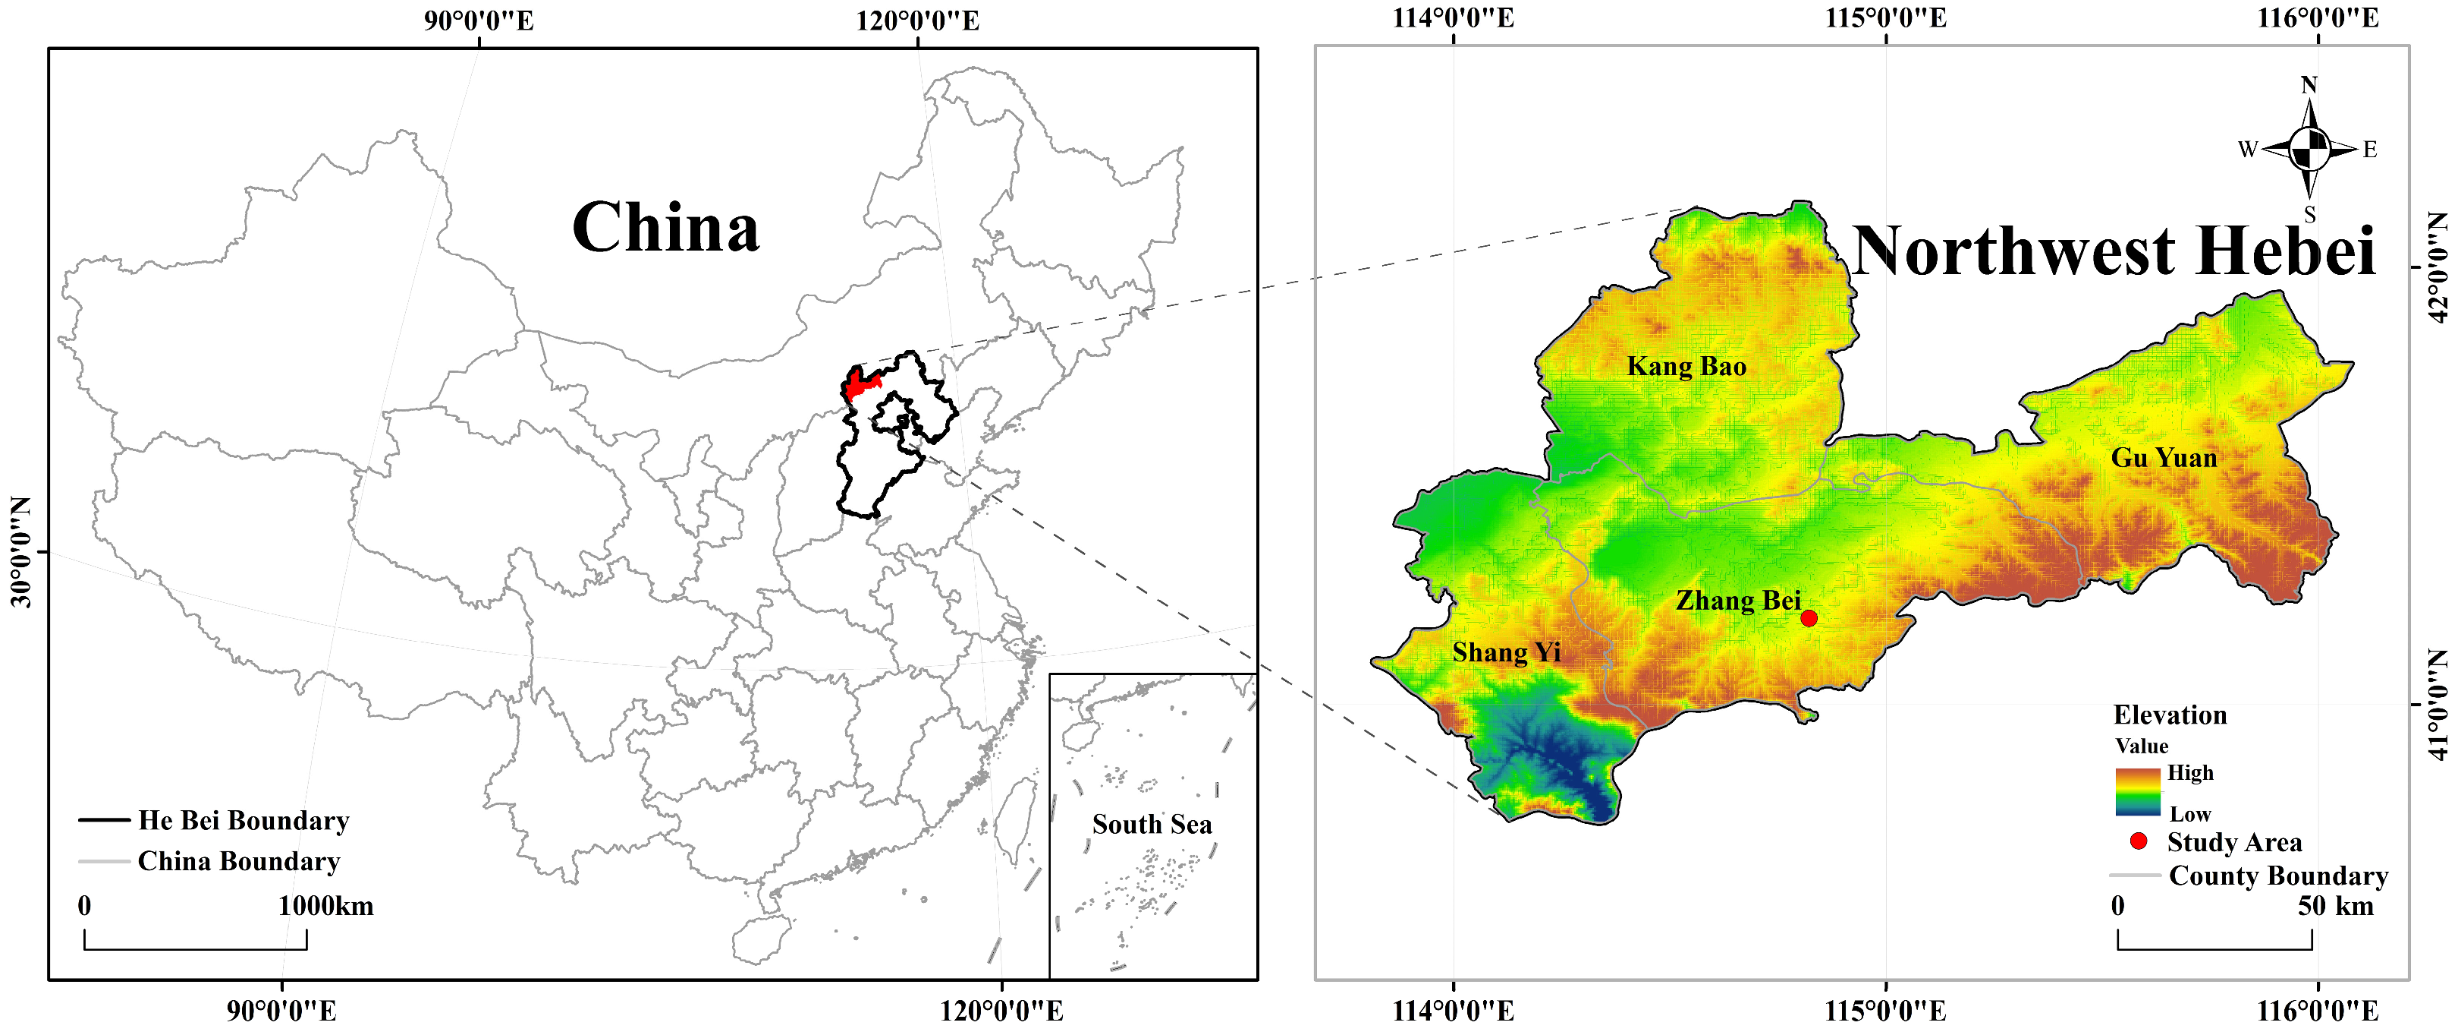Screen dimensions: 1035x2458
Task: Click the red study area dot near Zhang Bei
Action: point(1808,618)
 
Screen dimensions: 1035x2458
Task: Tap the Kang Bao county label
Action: point(1686,367)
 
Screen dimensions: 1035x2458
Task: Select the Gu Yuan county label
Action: point(2163,459)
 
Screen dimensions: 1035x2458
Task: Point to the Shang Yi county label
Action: point(1506,652)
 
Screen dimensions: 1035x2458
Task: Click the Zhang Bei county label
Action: point(1737,601)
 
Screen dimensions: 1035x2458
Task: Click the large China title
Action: point(665,229)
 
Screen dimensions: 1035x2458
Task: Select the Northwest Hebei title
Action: point(2113,251)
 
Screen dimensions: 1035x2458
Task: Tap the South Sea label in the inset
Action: point(1152,824)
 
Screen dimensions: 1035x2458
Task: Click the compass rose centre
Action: point(2309,149)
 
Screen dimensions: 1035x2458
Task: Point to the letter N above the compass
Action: point(2309,85)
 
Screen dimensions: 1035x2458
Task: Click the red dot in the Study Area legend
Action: point(2139,841)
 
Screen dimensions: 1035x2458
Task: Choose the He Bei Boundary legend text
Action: point(244,820)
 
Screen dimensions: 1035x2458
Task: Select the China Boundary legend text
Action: point(238,861)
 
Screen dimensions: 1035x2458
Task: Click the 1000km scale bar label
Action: point(325,906)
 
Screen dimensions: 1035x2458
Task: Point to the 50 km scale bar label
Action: point(2335,906)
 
